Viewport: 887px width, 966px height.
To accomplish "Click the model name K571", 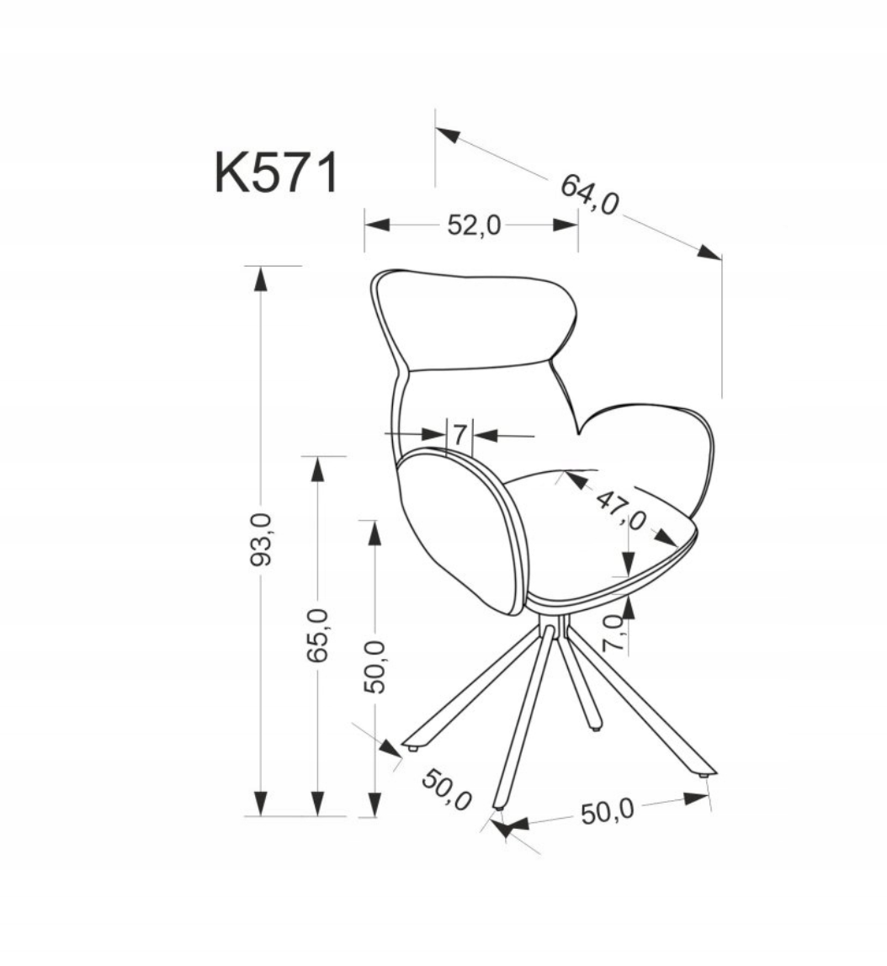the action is [x=277, y=173].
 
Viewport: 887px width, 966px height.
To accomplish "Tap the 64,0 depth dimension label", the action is [x=589, y=194].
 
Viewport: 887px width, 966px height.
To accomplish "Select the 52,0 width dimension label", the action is [x=474, y=226].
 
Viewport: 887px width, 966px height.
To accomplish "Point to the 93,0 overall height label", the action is [x=261, y=539].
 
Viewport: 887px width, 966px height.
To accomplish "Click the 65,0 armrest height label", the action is [x=318, y=634].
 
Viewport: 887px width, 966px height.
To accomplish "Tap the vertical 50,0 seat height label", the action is [x=374, y=666].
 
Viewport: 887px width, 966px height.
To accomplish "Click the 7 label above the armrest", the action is [x=459, y=435].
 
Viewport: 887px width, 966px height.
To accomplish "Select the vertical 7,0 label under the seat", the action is [x=613, y=634].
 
